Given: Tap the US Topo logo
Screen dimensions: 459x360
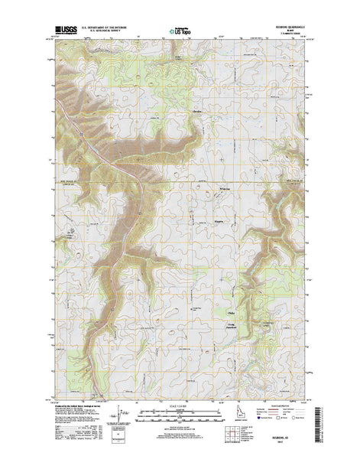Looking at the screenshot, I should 180,33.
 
